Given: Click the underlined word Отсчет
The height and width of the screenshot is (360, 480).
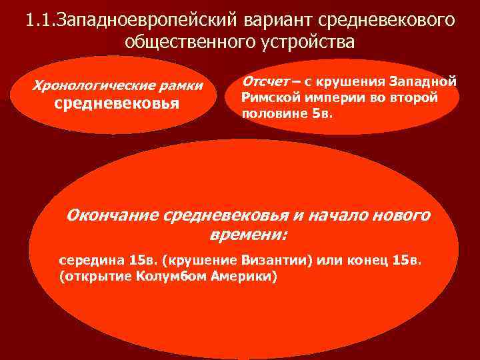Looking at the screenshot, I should tap(266, 81).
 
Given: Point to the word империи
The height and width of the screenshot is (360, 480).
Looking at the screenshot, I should tap(333, 97).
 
